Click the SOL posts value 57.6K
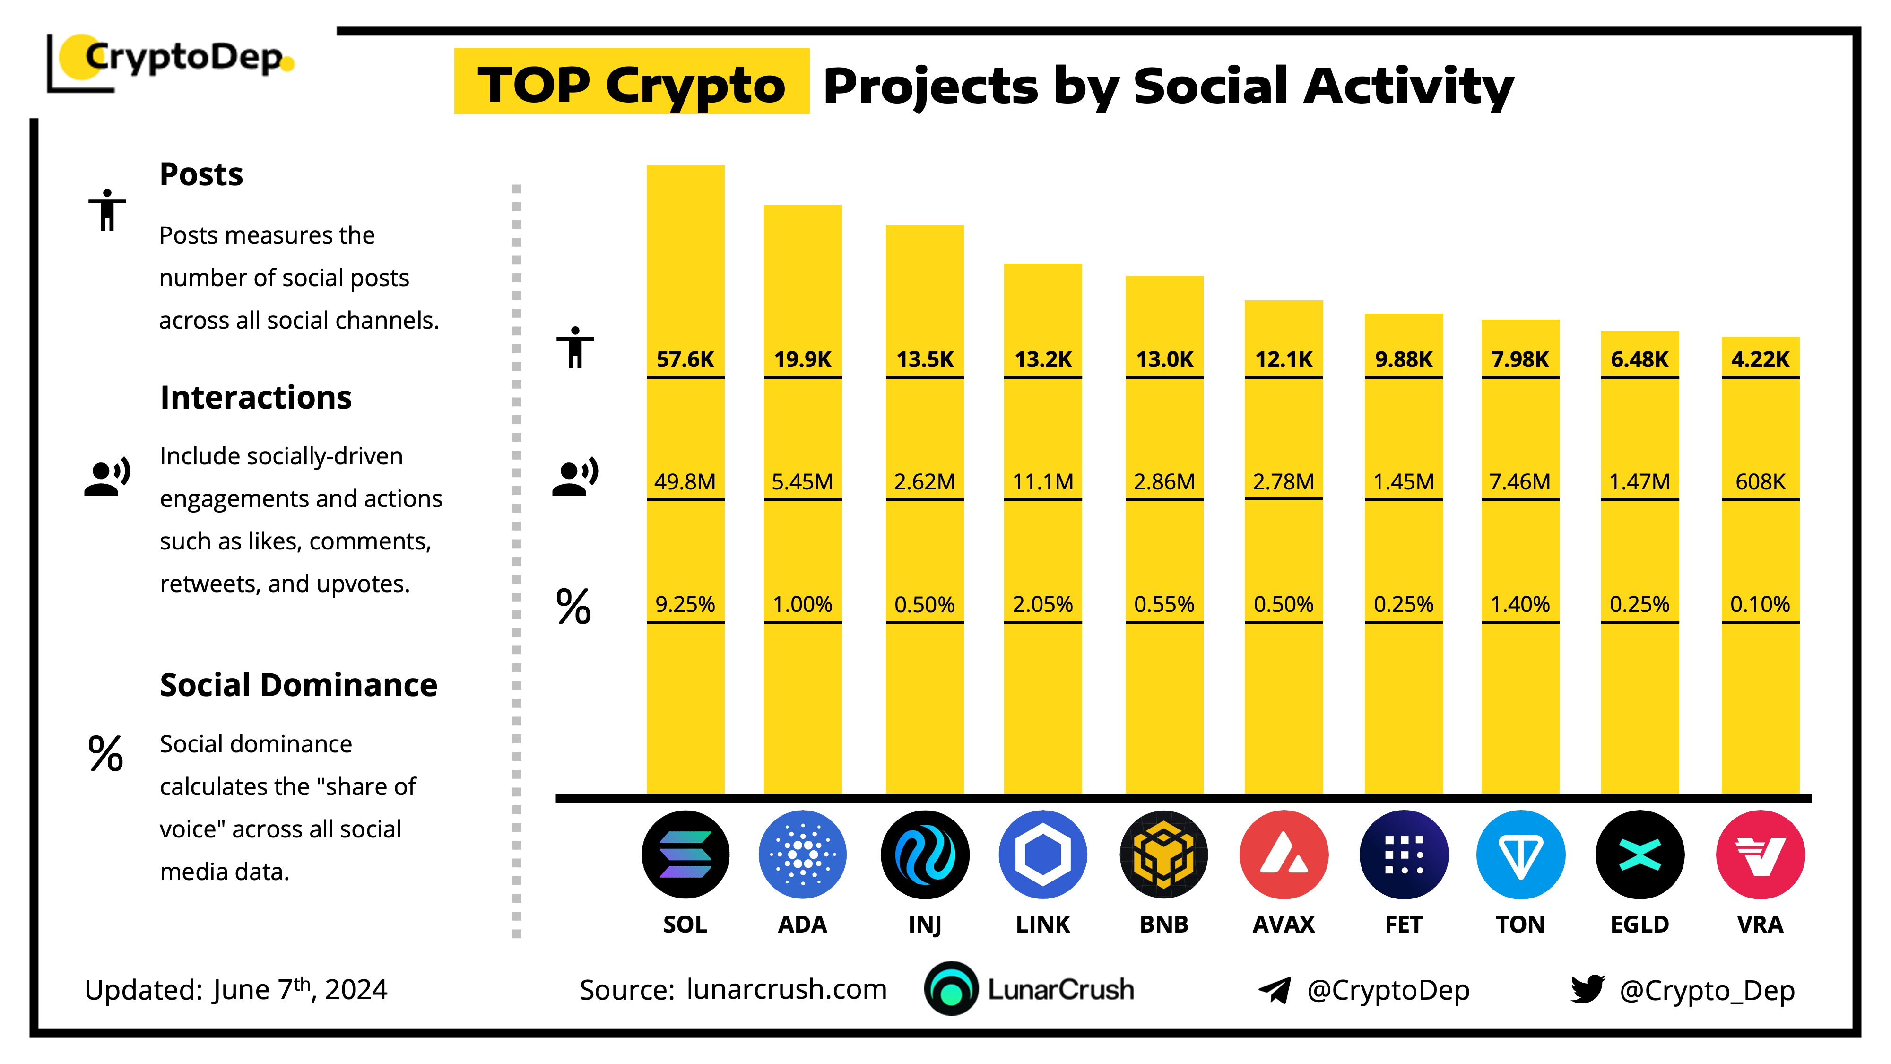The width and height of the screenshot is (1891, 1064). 685,359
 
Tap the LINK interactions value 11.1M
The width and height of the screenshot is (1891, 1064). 1042,482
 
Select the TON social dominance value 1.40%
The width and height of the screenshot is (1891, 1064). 1519,604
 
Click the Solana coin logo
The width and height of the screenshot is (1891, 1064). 685,854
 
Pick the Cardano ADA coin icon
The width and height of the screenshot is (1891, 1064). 802,854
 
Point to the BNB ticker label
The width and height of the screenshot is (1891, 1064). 1163,924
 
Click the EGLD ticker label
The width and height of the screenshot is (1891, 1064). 1639,924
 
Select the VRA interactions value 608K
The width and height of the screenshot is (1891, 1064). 1760,482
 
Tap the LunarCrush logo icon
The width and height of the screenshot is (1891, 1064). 951,988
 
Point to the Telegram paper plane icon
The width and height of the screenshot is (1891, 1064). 1275,990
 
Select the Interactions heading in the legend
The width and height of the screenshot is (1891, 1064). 255,397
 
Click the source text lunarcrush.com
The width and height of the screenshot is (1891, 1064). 786,989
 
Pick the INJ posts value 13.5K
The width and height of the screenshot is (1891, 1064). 924,359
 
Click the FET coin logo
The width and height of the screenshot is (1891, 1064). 1403,854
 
